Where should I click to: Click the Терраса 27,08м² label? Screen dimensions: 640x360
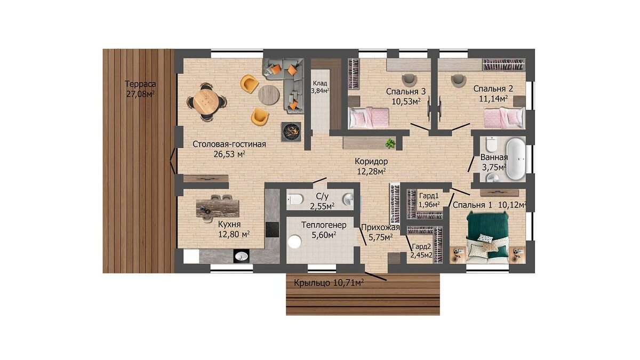click(141, 89)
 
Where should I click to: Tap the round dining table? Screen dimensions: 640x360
click(206, 102)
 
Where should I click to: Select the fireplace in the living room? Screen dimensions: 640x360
click(291, 132)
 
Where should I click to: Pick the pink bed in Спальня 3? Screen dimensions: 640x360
click(369, 117)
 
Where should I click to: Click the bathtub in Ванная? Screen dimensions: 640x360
click(516, 159)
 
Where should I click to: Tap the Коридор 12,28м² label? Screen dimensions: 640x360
click(371, 166)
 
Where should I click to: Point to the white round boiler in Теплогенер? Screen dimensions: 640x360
click(294, 242)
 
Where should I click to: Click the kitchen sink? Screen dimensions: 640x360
click(242, 256)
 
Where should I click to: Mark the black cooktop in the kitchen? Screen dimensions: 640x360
click(272, 229)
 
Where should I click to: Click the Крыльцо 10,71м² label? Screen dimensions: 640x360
click(329, 283)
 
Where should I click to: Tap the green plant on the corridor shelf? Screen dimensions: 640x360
click(390, 143)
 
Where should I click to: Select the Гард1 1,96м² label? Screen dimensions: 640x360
click(429, 200)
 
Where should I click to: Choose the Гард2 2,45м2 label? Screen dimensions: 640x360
click(421, 251)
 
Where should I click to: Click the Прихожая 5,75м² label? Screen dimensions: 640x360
click(380, 233)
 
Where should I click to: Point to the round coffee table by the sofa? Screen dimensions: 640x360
click(269, 95)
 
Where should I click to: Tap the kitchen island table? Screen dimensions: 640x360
click(218, 209)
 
